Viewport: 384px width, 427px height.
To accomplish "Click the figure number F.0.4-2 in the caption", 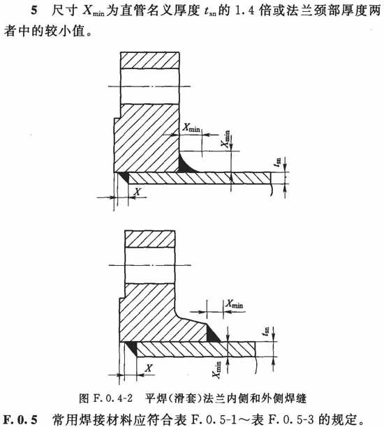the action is [x=113, y=398].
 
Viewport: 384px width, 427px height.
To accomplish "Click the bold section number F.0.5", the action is [x=20, y=419].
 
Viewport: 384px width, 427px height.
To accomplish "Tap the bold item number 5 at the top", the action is [x=34, y=11].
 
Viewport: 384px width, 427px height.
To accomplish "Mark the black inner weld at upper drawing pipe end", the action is [x=123, y=177].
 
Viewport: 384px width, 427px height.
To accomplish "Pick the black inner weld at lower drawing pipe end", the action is [x=132, y=348].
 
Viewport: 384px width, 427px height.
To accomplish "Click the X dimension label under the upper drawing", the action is [x=138, y=191].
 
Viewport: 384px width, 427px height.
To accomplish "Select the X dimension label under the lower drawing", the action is [x=149, y=368].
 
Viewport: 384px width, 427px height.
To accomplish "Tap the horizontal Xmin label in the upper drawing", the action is [x=191, y=128].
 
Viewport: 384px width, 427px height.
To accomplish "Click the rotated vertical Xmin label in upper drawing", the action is [x=226, y=139].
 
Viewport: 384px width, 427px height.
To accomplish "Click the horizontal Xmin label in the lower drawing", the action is [x=235, y=304].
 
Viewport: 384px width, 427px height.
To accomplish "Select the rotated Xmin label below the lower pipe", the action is [x=217, y=370].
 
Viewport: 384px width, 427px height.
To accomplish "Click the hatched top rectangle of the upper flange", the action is [x=149, y=60].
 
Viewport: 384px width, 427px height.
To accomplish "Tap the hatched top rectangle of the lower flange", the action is [x=149, y=239].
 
